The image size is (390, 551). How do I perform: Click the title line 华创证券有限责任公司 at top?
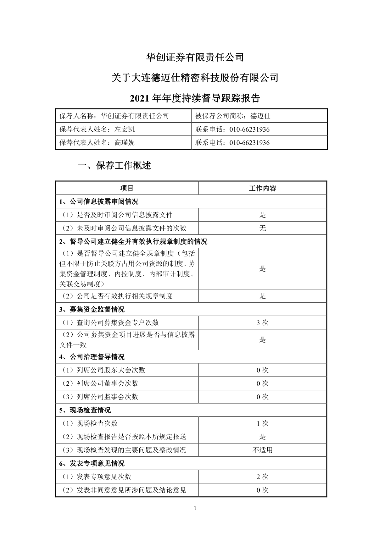[x=195, y=57]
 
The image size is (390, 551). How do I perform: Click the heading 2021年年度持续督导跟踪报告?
[x=195, y=98]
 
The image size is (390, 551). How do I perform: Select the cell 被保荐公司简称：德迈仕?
[x=233, y=116]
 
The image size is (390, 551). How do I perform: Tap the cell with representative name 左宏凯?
[x=97, y=129]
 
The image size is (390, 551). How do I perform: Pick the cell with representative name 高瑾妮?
[x=97, y=142]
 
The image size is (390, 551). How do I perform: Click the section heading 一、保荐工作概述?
[x=114, y=165]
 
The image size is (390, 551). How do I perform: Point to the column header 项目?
[x=127, y=188]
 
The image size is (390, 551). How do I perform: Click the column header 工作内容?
[x=263, y=188]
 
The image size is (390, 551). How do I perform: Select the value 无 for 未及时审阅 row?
[x=263, y=228]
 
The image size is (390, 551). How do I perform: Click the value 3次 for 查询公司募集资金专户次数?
[x=263, y=323]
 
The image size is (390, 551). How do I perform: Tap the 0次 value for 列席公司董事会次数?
[x=263, y=383]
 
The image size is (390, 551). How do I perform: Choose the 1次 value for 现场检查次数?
[x=263, y=423]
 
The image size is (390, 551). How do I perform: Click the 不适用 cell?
[x=263, y=450]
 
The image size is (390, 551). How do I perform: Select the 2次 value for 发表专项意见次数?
[x=263, y=477]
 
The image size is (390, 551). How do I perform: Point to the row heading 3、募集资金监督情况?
[x=92, y=310]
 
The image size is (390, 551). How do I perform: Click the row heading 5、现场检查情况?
[x=85, y=410]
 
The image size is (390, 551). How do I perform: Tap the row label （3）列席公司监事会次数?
[x=99, y=397]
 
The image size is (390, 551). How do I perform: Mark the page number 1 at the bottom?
[x=195, y=508]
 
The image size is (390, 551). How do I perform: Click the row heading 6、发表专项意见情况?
[x=92, y=464]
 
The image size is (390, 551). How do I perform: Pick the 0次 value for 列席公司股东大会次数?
[x=263, y=370]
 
